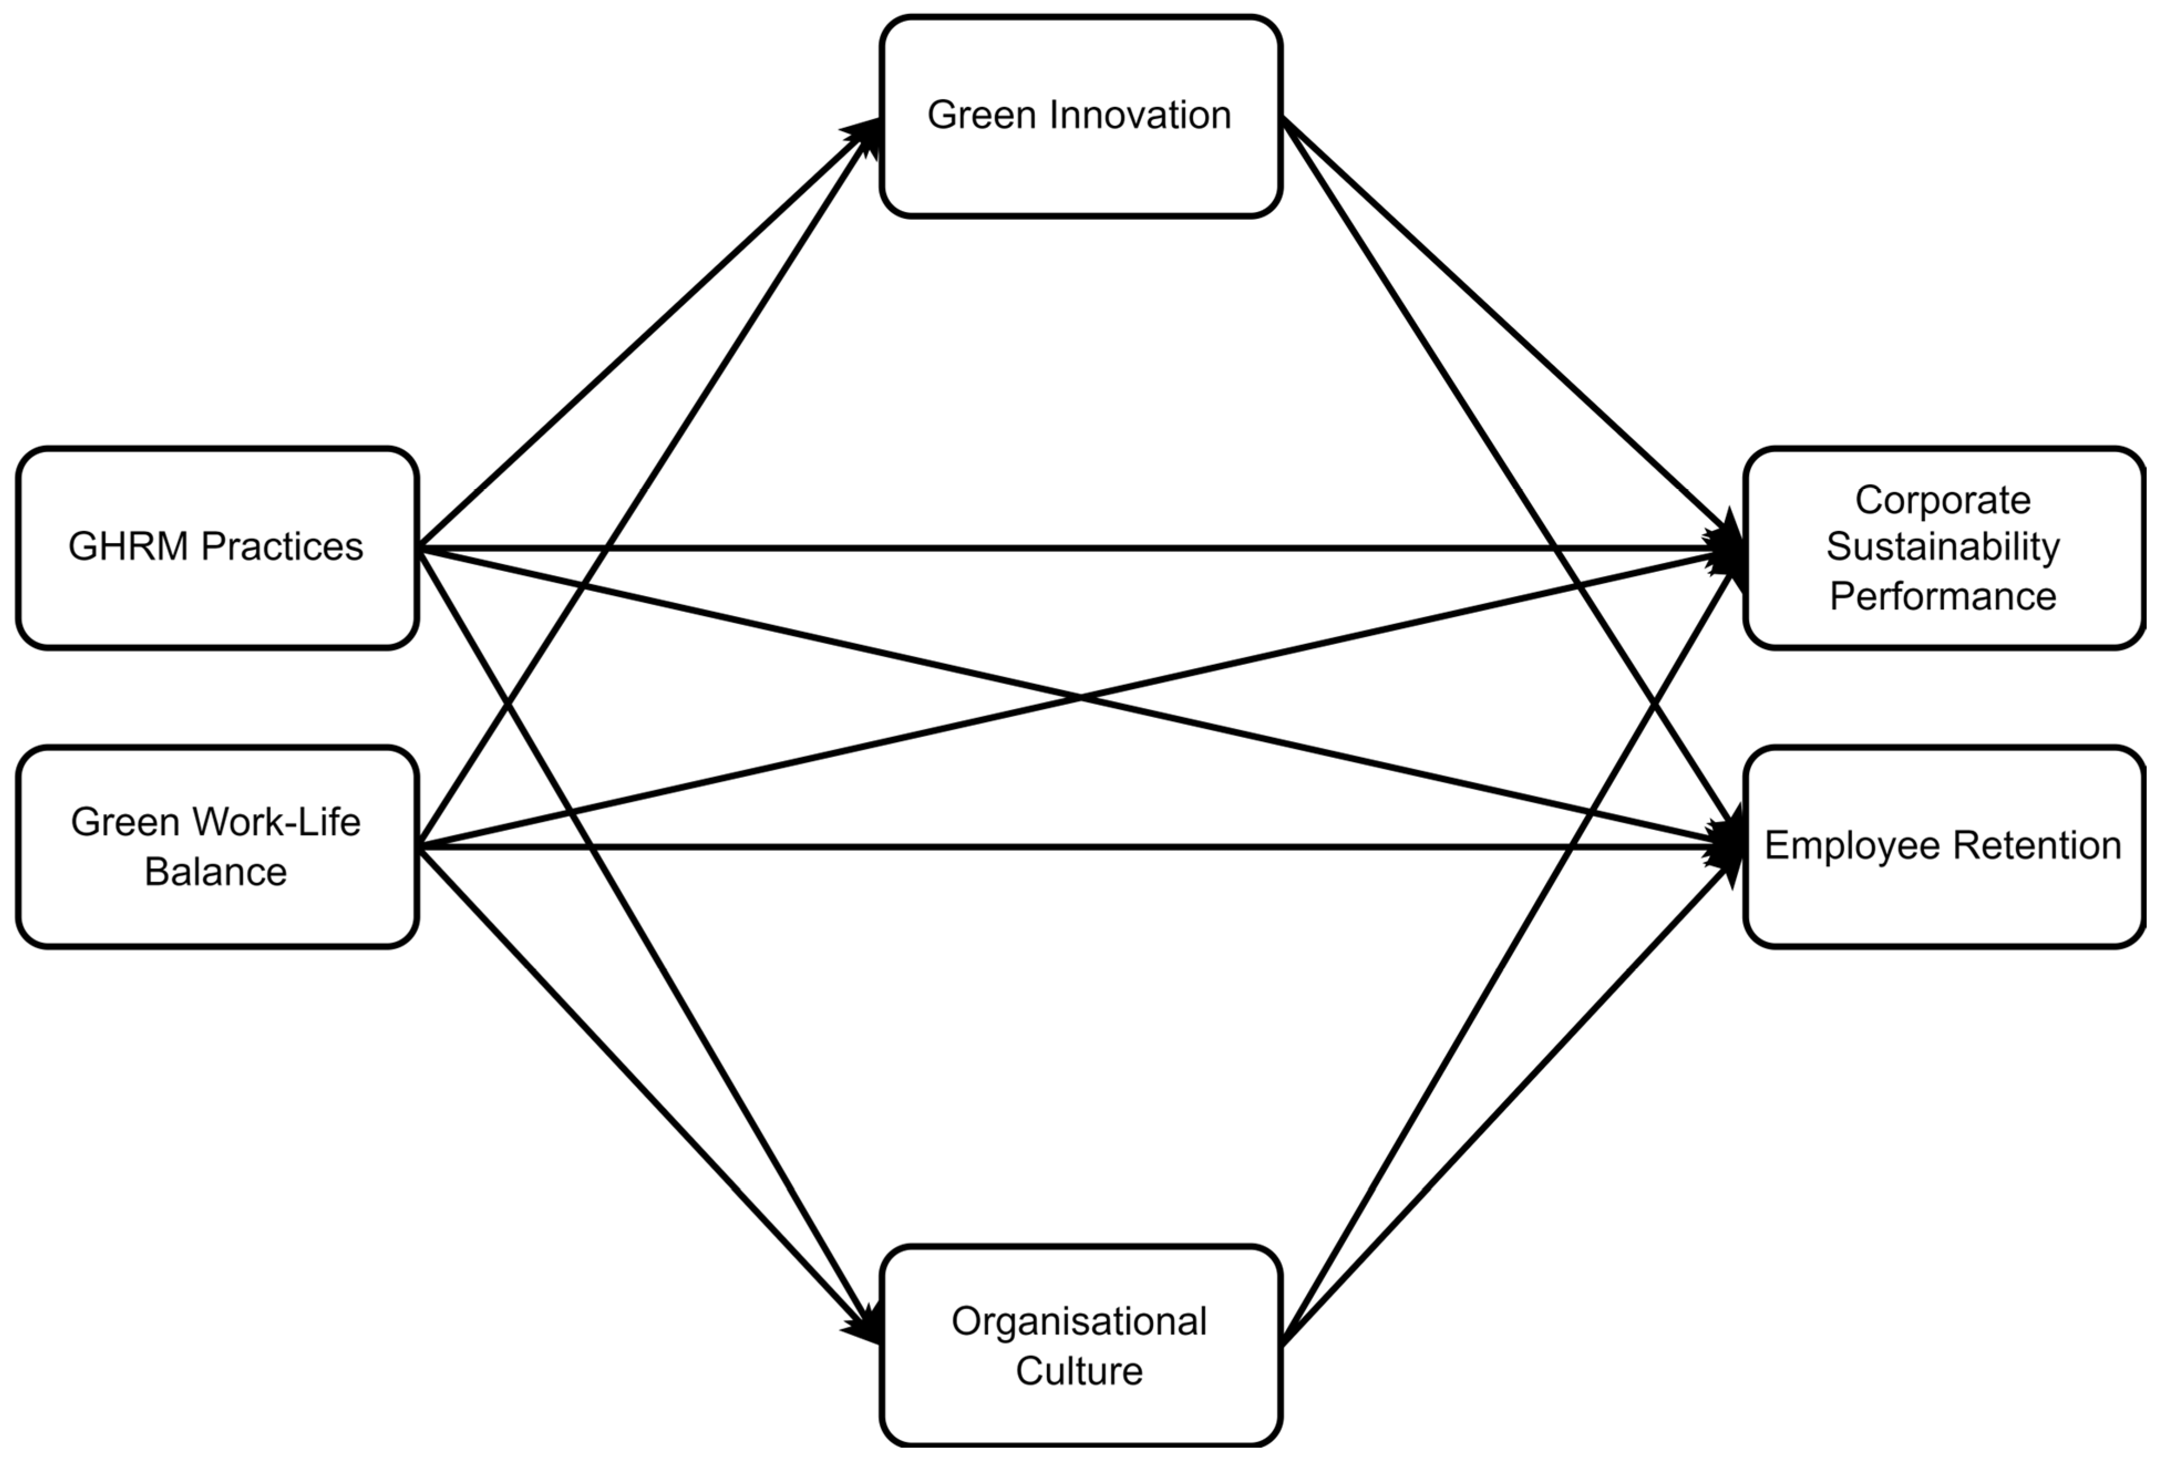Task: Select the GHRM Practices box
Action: (x=216, y=595)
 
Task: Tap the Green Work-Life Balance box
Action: (x=216, y=907)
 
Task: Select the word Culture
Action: (x=1079, y=1371)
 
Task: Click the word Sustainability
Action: (x=1942, y=547)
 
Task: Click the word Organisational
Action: (x=1079, y=1321)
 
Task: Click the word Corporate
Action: (x=1942, y=500)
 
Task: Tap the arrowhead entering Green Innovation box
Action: (x=865, y=130)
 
